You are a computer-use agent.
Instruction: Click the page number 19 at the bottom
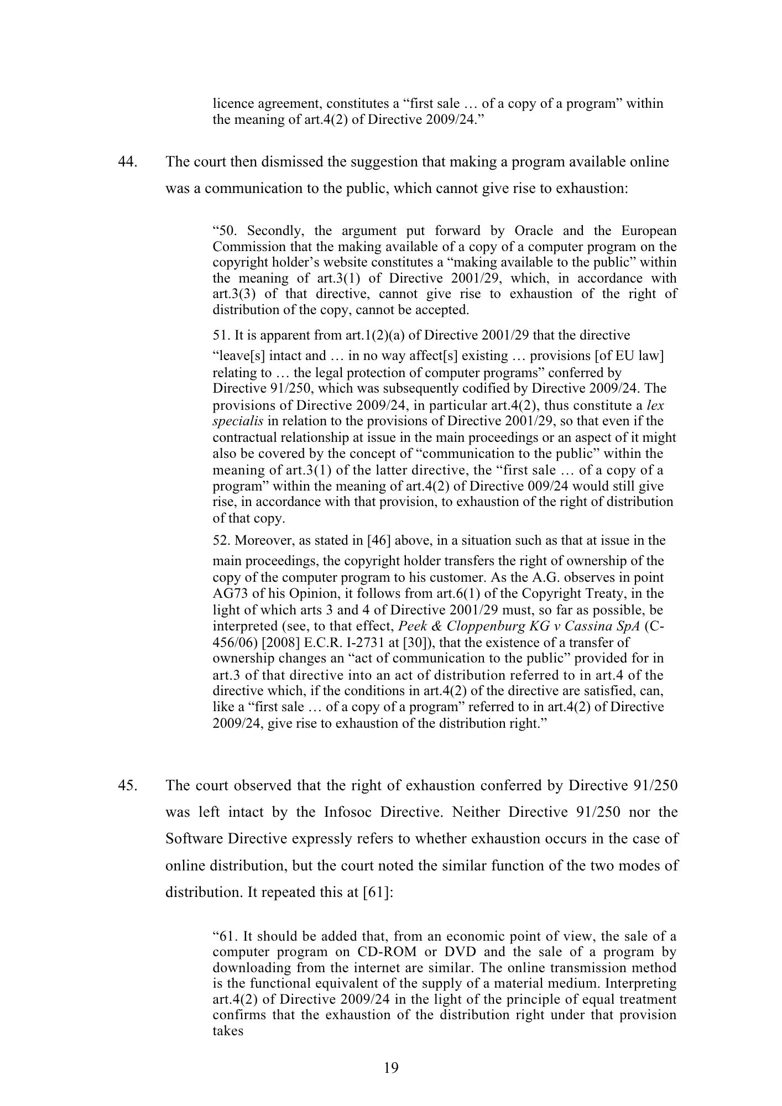point(390,1068)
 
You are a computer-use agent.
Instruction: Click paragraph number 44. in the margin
point(128,162)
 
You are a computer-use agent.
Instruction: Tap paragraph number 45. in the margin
point(128,786)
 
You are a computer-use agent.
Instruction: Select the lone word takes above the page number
point(228,1031)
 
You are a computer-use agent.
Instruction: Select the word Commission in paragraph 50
point(246,247)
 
